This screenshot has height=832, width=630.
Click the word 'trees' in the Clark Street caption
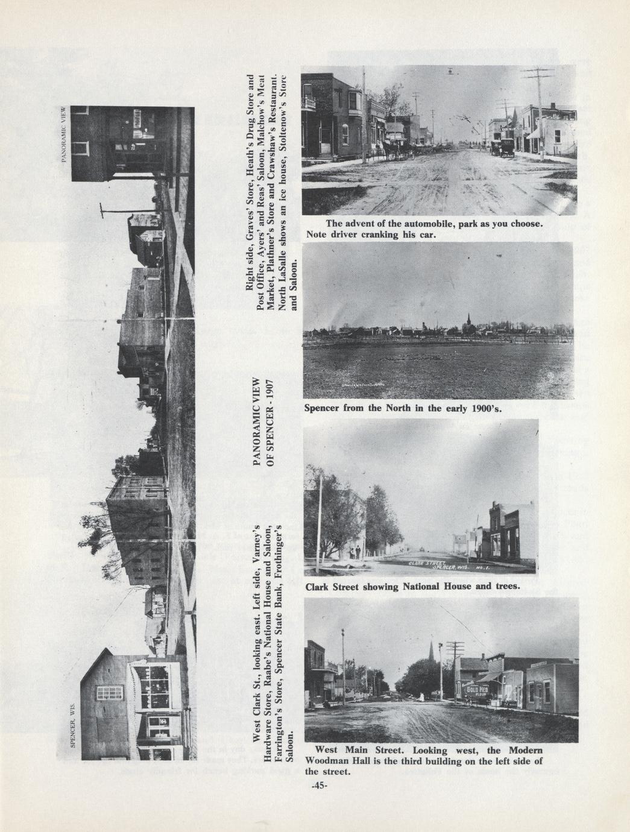tap(499, 585)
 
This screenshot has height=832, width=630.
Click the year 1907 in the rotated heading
tap(271, 388)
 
